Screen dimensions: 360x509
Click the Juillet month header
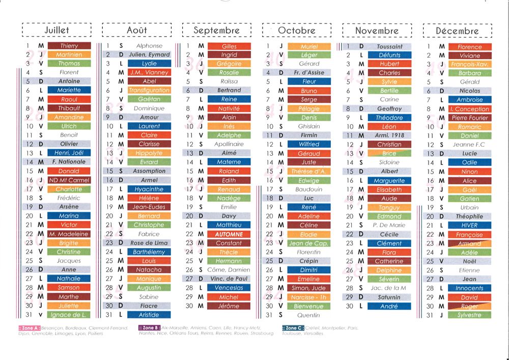(x=56, y=31)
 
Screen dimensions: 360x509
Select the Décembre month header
(x=457, y=31)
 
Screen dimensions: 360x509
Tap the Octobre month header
(x=297, y=31)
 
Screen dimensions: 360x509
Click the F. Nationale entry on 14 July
(x=69, y=162)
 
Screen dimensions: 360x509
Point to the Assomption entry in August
(x=149, y=171)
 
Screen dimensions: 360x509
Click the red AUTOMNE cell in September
(x=229, y=234)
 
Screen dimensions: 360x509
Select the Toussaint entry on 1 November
(x=389, y=46)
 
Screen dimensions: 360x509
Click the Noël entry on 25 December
(x=469, y=261)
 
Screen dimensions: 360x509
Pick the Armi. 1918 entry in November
(x=389, y=135)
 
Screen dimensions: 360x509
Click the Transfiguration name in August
(x=149, y=91)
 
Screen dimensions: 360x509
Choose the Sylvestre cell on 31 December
(x=469, y=315)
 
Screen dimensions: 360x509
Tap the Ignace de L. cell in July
(x=69, y=315)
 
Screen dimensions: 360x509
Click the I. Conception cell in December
(x=469, y=109)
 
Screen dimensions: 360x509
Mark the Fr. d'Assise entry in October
(x=309, y=73)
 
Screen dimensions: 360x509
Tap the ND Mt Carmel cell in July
(x=69, y=180)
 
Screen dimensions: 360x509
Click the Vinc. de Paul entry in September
(x=229, y=279)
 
